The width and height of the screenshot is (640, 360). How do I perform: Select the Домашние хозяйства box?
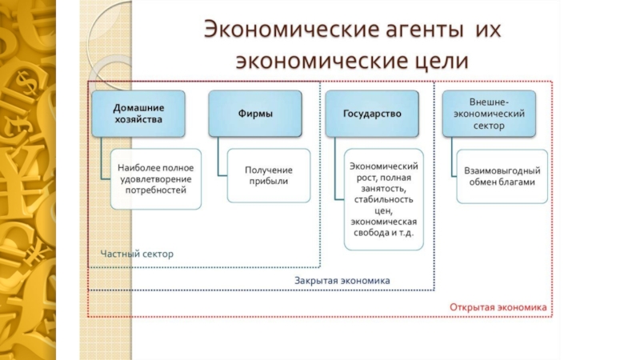[138, 114]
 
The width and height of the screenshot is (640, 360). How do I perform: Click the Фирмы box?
[255, 114]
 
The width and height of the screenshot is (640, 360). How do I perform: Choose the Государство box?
[372, 114]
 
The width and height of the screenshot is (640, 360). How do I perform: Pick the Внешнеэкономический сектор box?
[489, 114]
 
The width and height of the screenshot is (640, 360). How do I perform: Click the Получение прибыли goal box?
[269, 175]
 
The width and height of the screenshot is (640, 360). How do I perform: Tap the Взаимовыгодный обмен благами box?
[502, 176]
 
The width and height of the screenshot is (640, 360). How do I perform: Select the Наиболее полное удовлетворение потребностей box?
[156, 179]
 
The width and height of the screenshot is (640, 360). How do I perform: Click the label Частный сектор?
[137, 254]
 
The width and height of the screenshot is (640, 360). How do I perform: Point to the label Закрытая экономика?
[342, 281]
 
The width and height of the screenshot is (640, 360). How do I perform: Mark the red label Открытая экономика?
[498, 307]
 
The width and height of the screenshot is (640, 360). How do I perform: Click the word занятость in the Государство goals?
[383, 189]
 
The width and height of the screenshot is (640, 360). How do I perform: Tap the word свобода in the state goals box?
[371, 233]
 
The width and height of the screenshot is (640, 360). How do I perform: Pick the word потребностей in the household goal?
[156, 190]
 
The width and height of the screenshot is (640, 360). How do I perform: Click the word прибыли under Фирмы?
[269, 182]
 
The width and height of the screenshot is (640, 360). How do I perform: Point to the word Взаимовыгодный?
[502, 170]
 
